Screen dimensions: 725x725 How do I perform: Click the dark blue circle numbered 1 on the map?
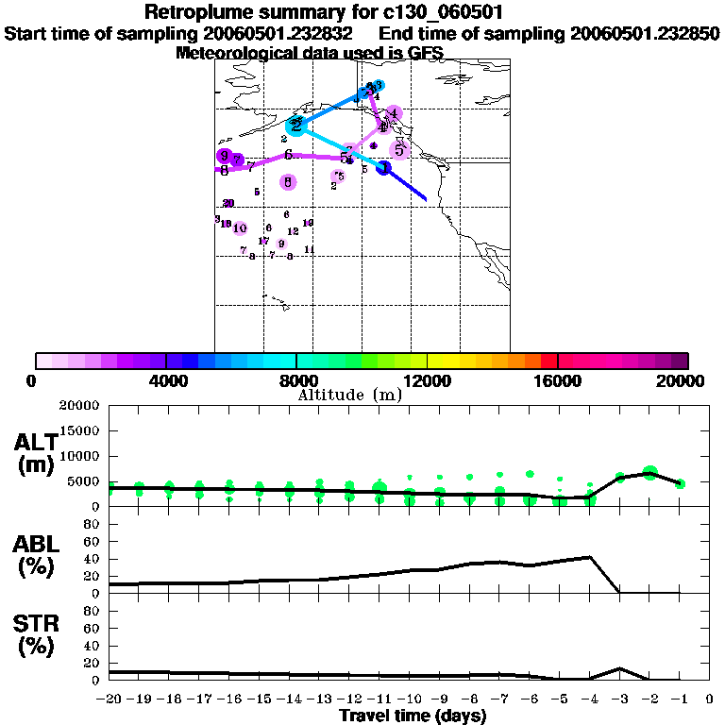click(384, 168)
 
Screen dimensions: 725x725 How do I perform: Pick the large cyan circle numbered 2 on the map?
click(295, 126)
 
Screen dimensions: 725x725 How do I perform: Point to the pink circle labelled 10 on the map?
click(240, 228)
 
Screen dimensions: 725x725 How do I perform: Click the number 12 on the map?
click(293, 231)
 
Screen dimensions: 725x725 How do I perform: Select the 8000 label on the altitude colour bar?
click(295, 380)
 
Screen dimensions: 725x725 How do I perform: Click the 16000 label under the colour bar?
click(558, 380)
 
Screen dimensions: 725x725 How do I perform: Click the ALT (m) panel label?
click(36, 453)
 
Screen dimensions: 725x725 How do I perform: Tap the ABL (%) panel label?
click(36, 555)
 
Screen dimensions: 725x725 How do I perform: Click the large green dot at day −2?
click(649, 473)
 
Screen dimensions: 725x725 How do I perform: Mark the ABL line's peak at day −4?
click(590, 557)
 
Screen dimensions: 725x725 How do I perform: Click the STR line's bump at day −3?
click(619, 668)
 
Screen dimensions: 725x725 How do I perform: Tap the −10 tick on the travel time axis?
click(410, 699)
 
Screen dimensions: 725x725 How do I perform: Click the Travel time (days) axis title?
click(413, 716)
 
